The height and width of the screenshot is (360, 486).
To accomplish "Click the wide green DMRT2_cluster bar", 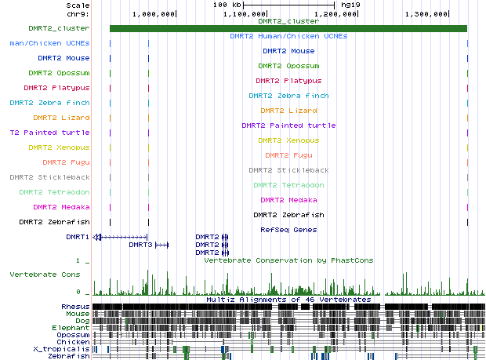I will coord(288,29).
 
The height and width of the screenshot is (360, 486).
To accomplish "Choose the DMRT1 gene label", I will coord(78,237).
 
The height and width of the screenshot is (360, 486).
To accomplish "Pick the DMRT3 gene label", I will coord(140,245).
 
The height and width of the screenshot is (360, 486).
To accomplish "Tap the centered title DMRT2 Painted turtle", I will coord(288,125).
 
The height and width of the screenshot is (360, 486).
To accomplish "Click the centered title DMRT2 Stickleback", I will coord(288,170).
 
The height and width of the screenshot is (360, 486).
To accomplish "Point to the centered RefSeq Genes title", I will coord(288,230).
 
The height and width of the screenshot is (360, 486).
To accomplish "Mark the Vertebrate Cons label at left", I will coord(45,275).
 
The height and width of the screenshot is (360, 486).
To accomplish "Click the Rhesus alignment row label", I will coord(75,306).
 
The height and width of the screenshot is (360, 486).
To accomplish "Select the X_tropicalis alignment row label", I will coord(61,348).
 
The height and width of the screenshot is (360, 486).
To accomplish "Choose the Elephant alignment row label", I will coord(72,327).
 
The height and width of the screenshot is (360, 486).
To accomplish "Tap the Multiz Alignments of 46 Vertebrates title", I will coord(288,300).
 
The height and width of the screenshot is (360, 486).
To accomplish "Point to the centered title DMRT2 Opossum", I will coord(288,66).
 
